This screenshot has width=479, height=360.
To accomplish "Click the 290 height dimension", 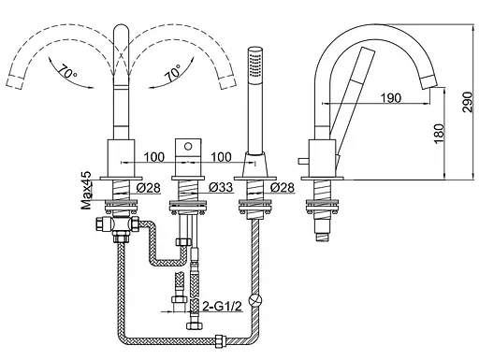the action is tap(468, 102).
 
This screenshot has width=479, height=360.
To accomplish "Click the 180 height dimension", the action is tap(439, 134).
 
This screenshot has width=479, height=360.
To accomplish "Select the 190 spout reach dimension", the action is tap(391, 98).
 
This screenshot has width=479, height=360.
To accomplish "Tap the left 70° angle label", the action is tap(67, 73).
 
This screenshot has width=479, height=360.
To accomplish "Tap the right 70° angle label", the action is tap(173, 73).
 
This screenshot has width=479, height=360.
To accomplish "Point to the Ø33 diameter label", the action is tap(221, 187).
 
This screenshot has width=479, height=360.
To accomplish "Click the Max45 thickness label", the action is tap(86, 190).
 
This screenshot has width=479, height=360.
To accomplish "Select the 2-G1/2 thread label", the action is tap(222, 307).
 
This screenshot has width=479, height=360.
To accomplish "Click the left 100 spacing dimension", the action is tap(154, 157).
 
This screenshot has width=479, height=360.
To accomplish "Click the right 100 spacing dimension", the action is tap(221, 157).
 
